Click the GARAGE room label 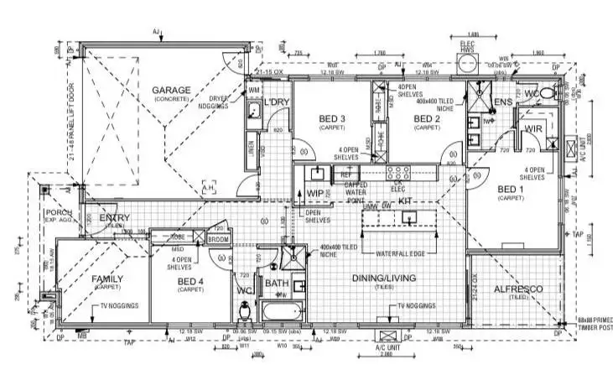coord(171,90)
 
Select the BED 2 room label coord(427,119)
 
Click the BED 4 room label coord(190,280)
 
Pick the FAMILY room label coord(107,279)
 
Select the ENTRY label coord(113,219)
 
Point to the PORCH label coord(60,212)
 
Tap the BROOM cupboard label coord(218,239)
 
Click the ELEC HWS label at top coord(468,48)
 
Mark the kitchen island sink coord(408,217)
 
